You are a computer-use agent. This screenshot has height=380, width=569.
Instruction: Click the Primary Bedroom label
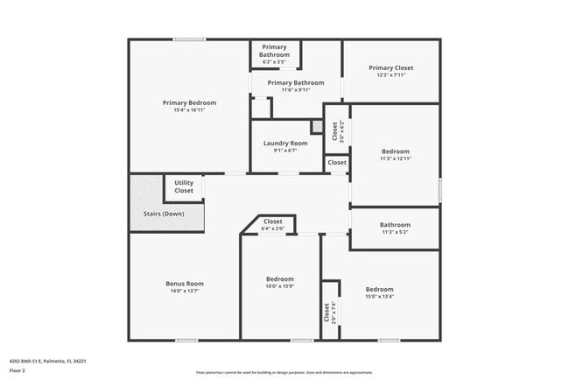pos(189,102)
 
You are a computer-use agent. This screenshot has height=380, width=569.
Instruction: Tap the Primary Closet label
pos(390,67)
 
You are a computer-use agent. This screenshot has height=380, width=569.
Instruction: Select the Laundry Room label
pos(285,143)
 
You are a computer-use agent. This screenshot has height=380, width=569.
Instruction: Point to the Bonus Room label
pos(185,283)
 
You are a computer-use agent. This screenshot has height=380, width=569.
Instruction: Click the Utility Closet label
pos(184,186)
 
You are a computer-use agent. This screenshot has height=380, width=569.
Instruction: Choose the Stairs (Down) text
pos(164,214)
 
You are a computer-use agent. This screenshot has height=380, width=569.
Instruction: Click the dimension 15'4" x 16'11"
pos(189,110)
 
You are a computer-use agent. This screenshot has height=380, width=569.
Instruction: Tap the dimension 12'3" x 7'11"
pos(390,75)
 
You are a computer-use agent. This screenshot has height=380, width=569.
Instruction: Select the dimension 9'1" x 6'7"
pos(285,151)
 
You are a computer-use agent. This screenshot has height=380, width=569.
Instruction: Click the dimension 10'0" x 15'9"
pos(280,286)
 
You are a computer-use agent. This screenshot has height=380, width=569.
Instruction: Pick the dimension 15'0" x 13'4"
pos(379,297)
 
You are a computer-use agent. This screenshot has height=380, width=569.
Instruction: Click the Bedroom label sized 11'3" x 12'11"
pos(395,151)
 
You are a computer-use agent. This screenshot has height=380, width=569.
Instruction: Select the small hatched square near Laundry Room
pos(317,127)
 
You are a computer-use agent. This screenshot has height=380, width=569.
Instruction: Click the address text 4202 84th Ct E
pos(47,360)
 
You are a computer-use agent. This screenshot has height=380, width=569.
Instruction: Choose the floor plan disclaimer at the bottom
pos(284,372)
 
